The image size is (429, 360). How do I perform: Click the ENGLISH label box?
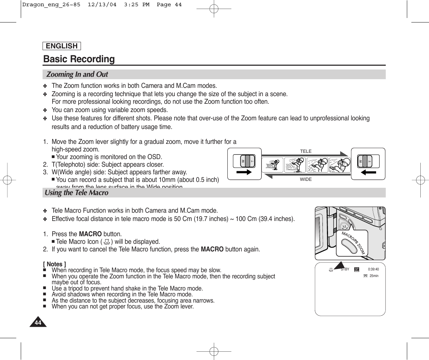point(62,46)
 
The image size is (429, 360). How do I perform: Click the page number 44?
point(38,323)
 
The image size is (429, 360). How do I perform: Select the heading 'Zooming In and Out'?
point(77,74)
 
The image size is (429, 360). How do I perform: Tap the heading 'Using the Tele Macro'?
point(76,193)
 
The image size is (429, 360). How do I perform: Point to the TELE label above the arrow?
point(305,151)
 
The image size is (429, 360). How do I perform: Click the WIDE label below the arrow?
point(305,179)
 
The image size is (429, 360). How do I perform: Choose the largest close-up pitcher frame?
point(340,165)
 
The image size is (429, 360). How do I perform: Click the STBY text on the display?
point(345,269)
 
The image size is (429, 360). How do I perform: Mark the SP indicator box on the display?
point(357,269)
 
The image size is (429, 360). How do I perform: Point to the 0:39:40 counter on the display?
point(373,269)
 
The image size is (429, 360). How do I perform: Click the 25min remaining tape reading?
point(374,276)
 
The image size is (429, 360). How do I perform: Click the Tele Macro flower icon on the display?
point(331,269)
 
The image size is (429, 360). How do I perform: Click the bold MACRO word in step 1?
point(90,234)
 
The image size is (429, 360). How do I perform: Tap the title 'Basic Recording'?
point(79,59)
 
